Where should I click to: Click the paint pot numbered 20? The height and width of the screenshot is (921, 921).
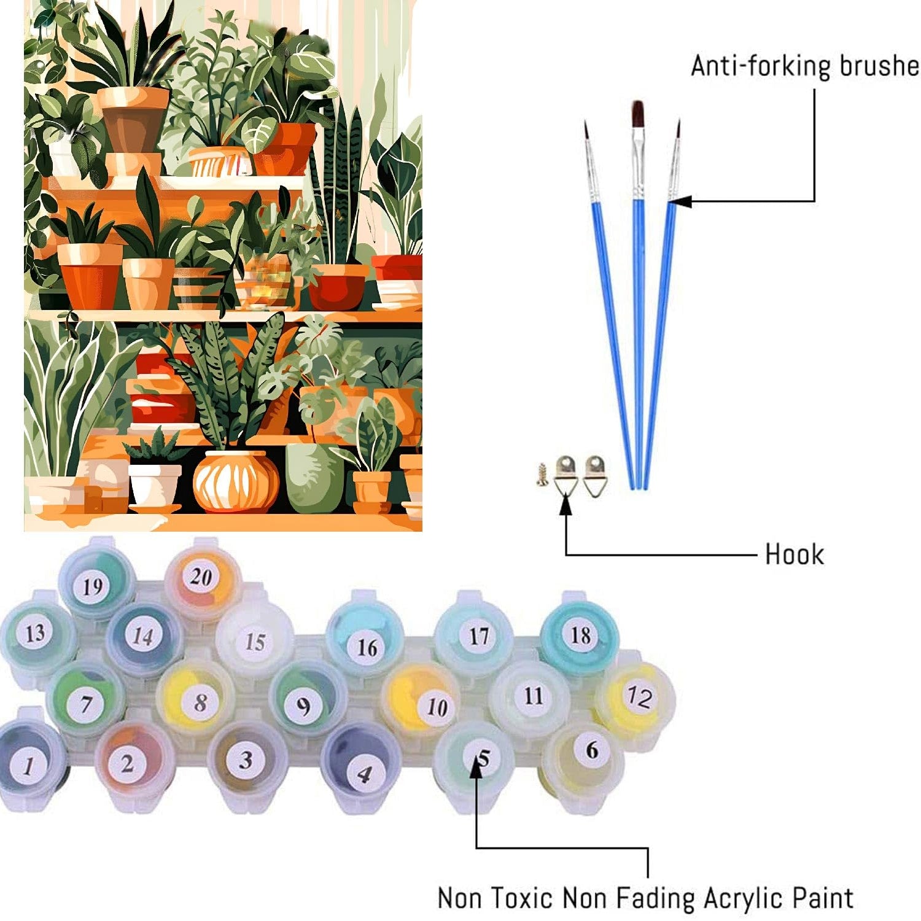tap(201, 577)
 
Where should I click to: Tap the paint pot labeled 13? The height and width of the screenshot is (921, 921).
tap(36, 633)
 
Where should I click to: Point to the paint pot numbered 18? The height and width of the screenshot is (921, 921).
tap(580, 635)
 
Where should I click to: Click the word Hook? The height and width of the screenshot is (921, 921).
tap(794, 554)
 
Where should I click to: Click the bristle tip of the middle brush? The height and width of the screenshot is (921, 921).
tap(638, 114)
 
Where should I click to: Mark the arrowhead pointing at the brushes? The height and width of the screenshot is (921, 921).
tap(677, 201)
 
